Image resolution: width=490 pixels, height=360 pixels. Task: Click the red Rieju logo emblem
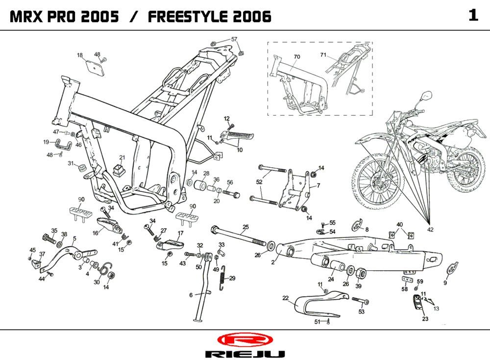244,339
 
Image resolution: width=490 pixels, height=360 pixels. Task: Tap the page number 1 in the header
473,16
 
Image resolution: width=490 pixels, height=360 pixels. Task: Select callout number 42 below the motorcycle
430,230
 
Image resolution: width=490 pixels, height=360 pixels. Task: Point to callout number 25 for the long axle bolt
245,227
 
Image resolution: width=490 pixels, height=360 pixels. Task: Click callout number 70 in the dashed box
296,57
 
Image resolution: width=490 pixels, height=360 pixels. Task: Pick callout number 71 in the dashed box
323,54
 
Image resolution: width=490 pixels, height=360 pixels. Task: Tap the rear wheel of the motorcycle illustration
467,170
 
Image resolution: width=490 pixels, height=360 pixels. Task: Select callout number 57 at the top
234,39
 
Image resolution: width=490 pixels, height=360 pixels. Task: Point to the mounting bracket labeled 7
296,189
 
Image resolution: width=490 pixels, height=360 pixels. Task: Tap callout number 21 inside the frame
122,158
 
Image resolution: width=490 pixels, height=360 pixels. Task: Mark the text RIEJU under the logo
244,354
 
